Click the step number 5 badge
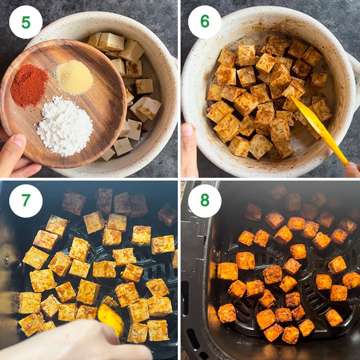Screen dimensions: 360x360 [x=26, y=22]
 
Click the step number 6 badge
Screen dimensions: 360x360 [x=205, y=22]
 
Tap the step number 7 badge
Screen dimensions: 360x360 [x=26, y=201]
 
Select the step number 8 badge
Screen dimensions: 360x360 [x=205, y=201]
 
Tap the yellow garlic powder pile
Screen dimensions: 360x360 [x=75, y=77]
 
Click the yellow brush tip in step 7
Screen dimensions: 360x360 [x=111, y=319]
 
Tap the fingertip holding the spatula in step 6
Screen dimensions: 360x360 [x=352, y=170]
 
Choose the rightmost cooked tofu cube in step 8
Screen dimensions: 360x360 [x=351, y=280]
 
